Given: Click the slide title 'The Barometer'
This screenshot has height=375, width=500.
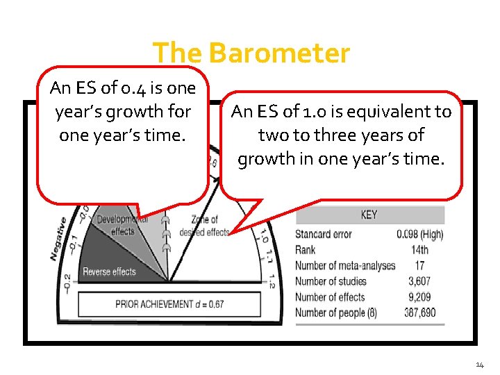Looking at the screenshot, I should pyautogui.click(x=251, y=53).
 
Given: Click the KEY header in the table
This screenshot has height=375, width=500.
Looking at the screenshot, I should pyautogui.click(x=369, y=215).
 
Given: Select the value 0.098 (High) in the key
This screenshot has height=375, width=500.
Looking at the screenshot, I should pyautogui.click(x=419, y=234).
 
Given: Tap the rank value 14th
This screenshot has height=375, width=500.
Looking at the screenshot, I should pyautogui.click(x=419, y=250).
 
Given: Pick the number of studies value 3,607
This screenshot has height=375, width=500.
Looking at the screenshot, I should pyautogui.click(x=419, y=281).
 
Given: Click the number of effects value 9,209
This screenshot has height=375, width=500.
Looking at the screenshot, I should pyautogui.click(x=419, y=297).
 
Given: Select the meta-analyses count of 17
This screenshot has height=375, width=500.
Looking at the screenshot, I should pyautogui.click(x=419, y=265).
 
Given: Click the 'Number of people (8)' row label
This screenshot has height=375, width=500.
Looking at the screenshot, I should pyautogui.click(x=336, y=312).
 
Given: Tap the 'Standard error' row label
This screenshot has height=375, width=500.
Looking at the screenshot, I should pyautogui.click(x=324, y=234).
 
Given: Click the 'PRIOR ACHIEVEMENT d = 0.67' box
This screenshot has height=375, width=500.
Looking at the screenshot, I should pyautogui.click(x=169, y=304).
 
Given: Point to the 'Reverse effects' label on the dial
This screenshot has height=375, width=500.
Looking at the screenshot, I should pyautogui.click(x=110, y=272).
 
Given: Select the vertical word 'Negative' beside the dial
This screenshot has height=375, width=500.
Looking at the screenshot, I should pyautogui.click(x=58, y=239).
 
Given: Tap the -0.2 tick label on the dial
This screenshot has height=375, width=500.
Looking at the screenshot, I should pyautogui.click(x=66, y=283).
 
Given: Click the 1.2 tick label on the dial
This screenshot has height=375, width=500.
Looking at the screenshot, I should pyautogui.click(x=270, y=281).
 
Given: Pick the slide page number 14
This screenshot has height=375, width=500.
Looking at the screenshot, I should pyautogui.click(x=481, y=364).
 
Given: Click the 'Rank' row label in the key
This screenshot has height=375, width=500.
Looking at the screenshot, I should pyautogui.click(x=305, y=250).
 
